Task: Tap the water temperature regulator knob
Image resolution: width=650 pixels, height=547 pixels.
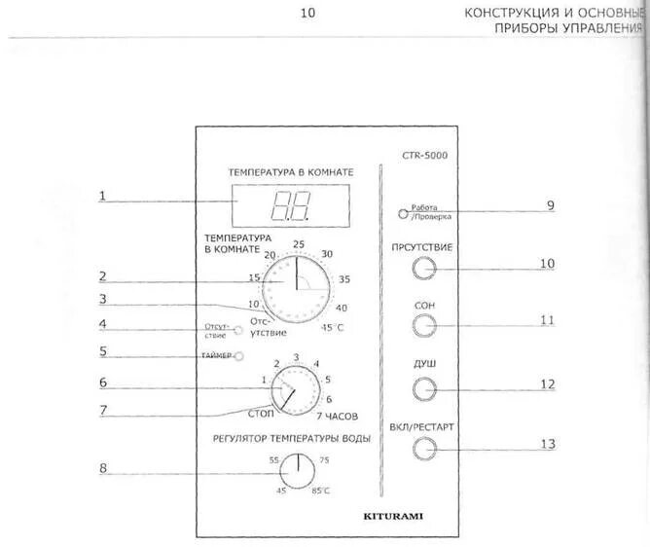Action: pyautogui.click(x=292, y=473)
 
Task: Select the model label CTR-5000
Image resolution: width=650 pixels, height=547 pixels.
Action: pyautogui.click(x=424, y=155)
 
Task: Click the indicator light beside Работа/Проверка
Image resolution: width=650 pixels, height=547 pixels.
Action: pyautogui.click(x=402, y=215)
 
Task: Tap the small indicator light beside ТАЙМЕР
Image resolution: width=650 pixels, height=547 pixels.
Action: pyautogui.click(x=237, y=355)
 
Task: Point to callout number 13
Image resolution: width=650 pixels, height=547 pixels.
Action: pyautogui.click(x=548, y=445)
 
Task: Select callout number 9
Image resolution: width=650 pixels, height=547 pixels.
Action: pyautogui.click(x=550, y=205)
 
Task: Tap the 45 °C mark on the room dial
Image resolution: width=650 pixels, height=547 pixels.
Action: pyautogui.click(x=333, y=327)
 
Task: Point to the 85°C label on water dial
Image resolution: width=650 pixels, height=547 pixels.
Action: pyautogui.click(x=320, y=490)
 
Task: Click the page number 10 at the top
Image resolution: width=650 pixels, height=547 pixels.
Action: pyautogui.click(x=307, y=14)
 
